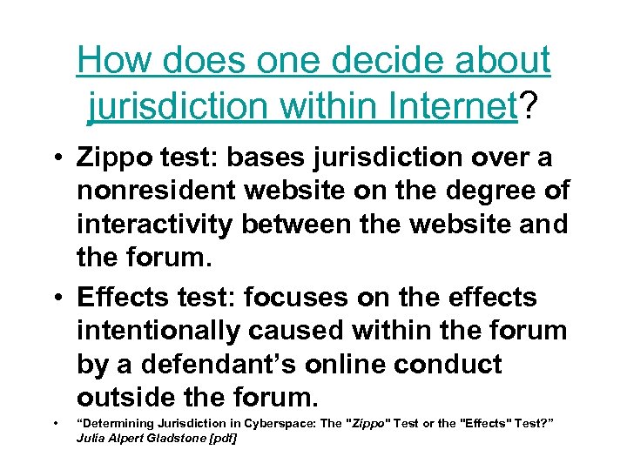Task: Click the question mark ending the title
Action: [529, 106]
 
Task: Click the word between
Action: [296, 224]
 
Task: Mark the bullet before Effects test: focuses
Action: [55, 298]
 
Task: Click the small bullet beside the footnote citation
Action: [55, 424]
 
